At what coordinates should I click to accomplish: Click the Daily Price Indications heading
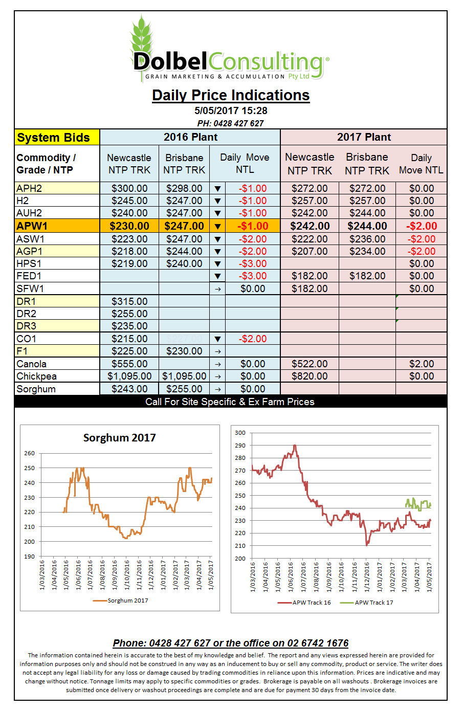point(231,95)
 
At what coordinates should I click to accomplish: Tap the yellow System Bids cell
point(57,137)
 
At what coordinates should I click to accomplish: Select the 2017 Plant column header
point(364,137)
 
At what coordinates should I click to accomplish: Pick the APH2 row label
point(29,188)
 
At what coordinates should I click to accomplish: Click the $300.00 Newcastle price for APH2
point(129,188)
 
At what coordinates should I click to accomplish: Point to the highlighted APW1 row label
point(32,226)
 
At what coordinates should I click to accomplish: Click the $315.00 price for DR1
point(129,301)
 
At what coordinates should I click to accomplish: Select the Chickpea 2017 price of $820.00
point(310,376)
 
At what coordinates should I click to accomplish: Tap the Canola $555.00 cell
point(129,364)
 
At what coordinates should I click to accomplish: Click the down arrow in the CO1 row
point(217,339)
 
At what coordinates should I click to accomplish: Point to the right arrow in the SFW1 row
point(217,289)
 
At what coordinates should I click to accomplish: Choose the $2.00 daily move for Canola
point(422,364)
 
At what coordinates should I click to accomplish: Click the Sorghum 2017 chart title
point(119,438)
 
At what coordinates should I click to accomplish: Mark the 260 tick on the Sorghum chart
point(30,453)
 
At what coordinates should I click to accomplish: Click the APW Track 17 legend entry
point(366,603)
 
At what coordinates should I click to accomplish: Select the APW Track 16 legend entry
point(304,603)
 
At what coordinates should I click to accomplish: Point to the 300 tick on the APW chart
point(240,433)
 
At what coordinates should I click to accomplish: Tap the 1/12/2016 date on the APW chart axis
point(366,577)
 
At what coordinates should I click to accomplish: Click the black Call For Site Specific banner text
point(230,402)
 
